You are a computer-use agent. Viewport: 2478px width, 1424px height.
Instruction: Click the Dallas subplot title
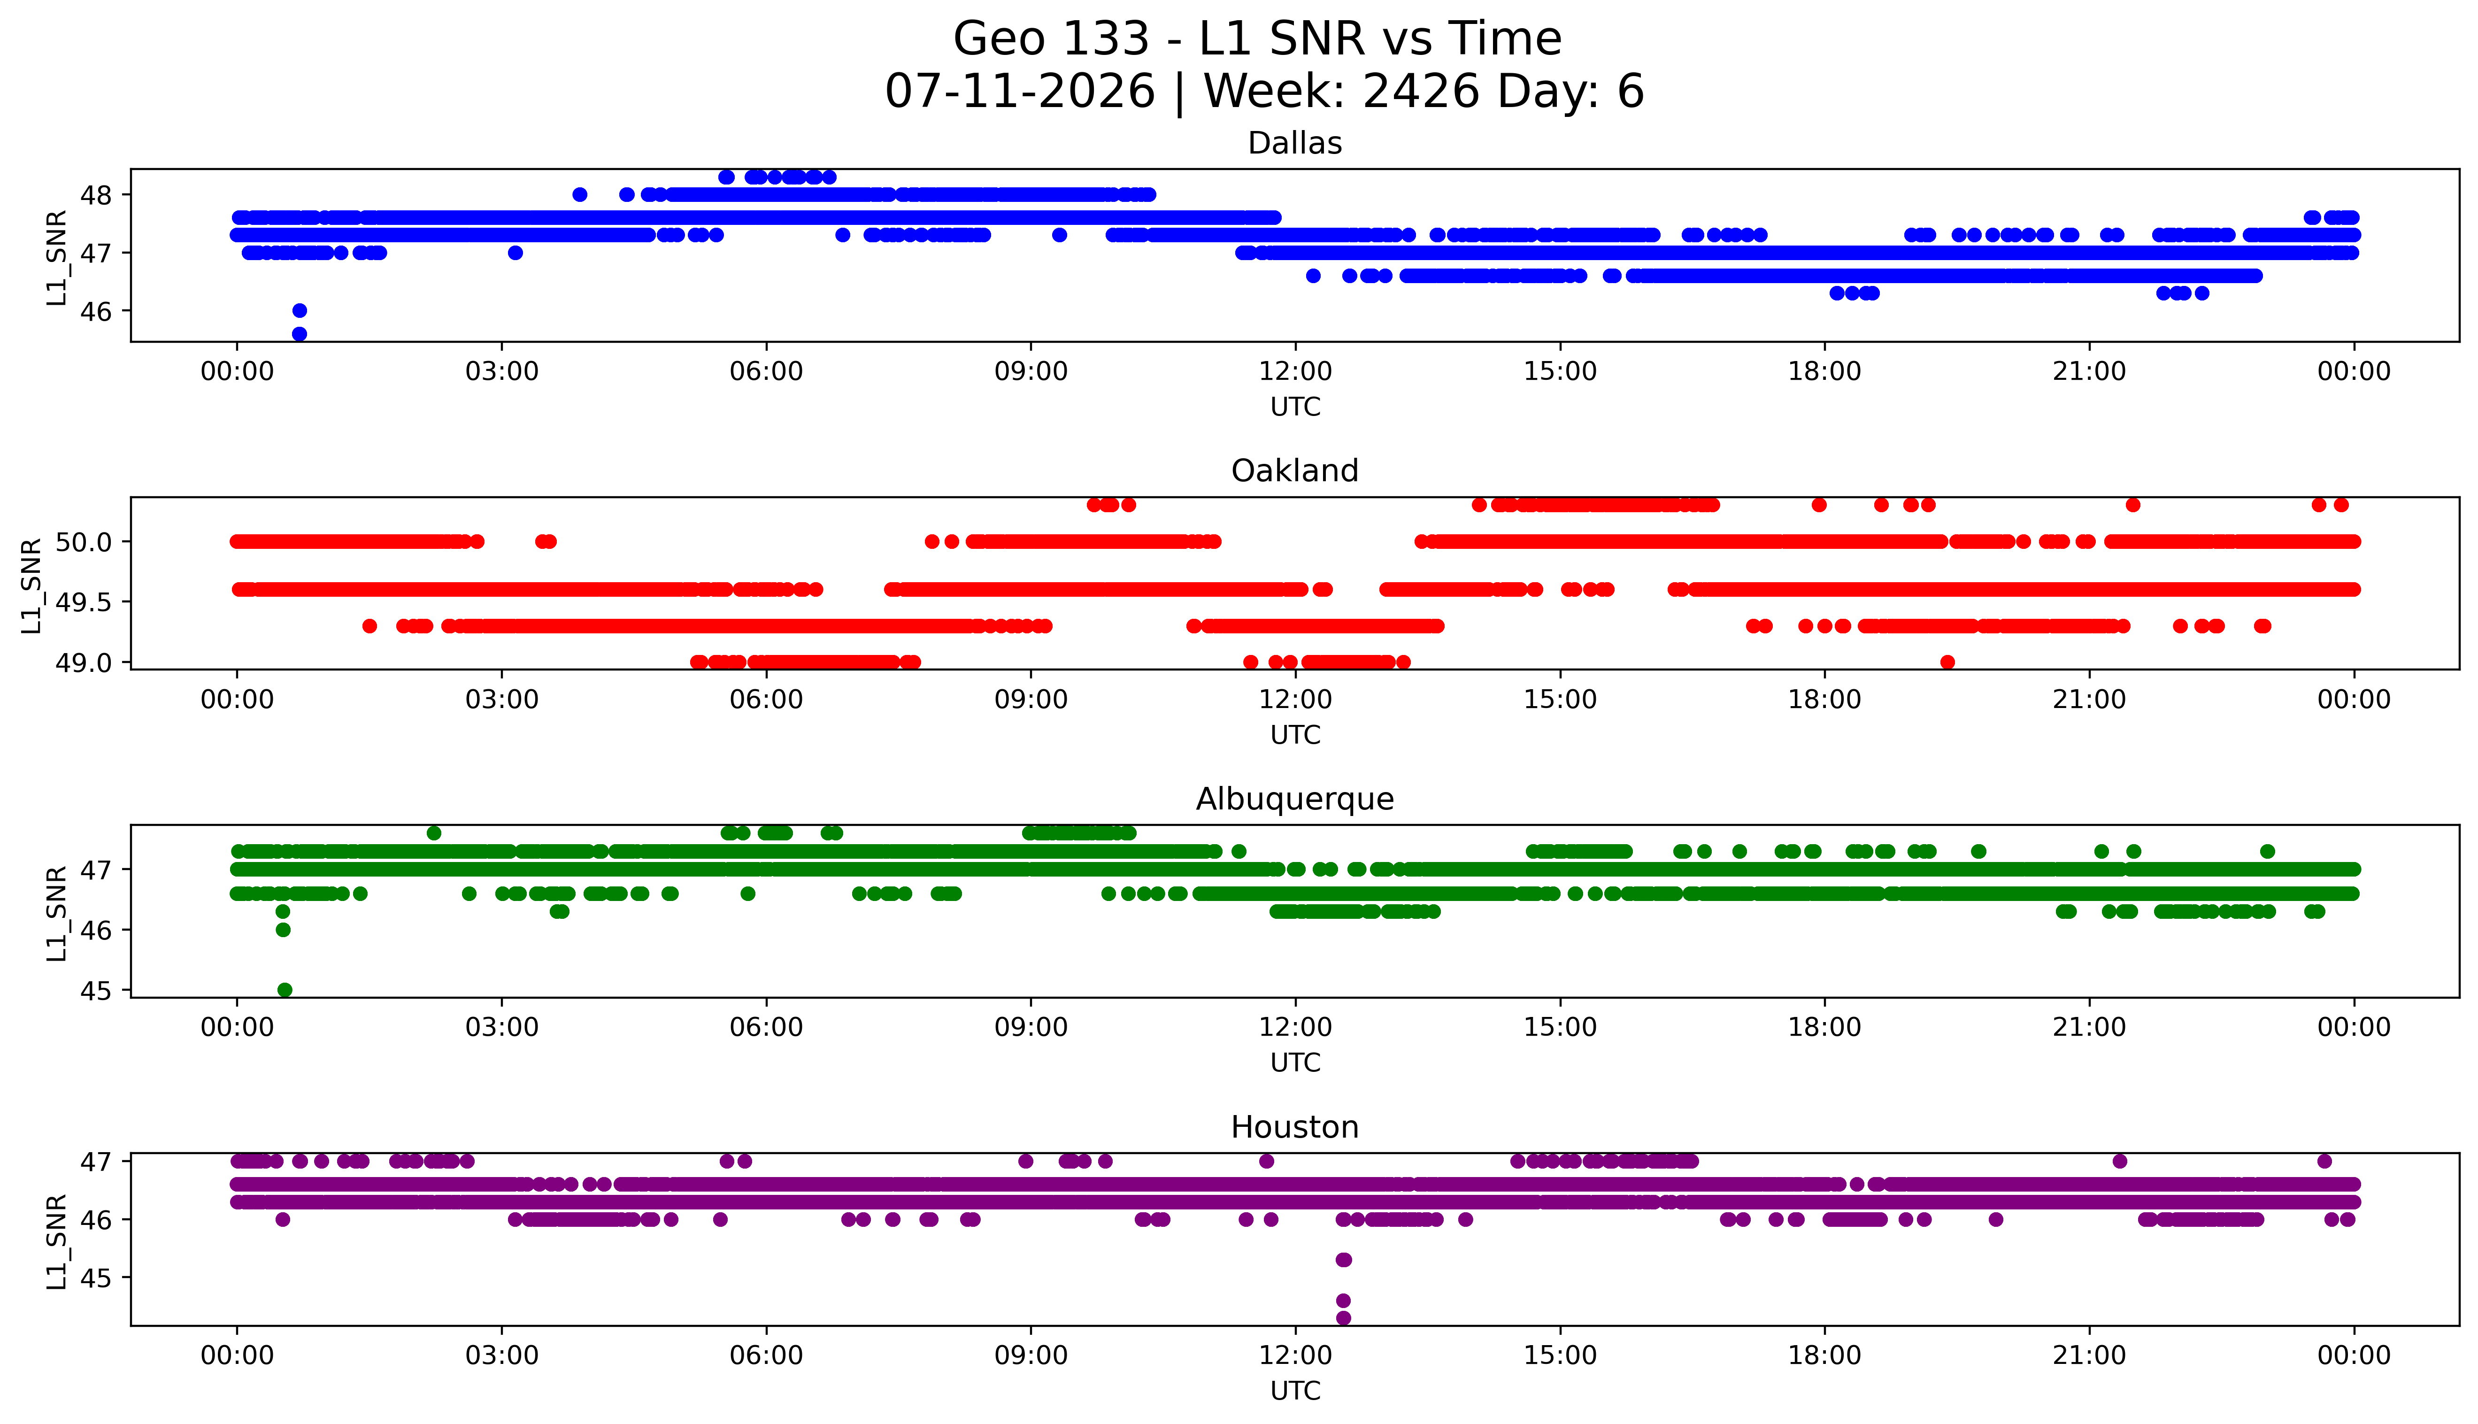[1295, 144]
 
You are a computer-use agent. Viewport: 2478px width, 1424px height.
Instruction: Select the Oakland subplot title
[1295, 471]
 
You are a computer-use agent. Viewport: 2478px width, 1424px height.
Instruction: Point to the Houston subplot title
[1295, 1128]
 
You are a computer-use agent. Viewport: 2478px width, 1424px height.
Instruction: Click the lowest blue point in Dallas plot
[299, 333]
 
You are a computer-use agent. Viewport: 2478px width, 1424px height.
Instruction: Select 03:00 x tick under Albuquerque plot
[502, 1028]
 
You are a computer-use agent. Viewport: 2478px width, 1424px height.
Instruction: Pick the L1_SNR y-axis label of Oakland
[31, 585]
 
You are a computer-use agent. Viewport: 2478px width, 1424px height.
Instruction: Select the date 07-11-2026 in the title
[1020, 92]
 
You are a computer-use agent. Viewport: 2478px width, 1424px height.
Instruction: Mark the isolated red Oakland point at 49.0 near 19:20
[1947, 662]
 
